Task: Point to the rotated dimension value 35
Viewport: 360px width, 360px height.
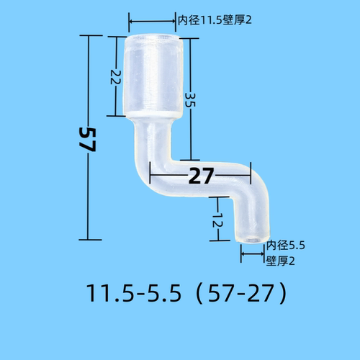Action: [189, 100]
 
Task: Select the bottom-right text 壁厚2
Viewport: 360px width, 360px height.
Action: [281, 261]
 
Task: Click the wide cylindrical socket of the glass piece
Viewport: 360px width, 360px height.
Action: [153, 76]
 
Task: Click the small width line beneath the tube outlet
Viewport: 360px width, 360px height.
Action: [253, 253]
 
